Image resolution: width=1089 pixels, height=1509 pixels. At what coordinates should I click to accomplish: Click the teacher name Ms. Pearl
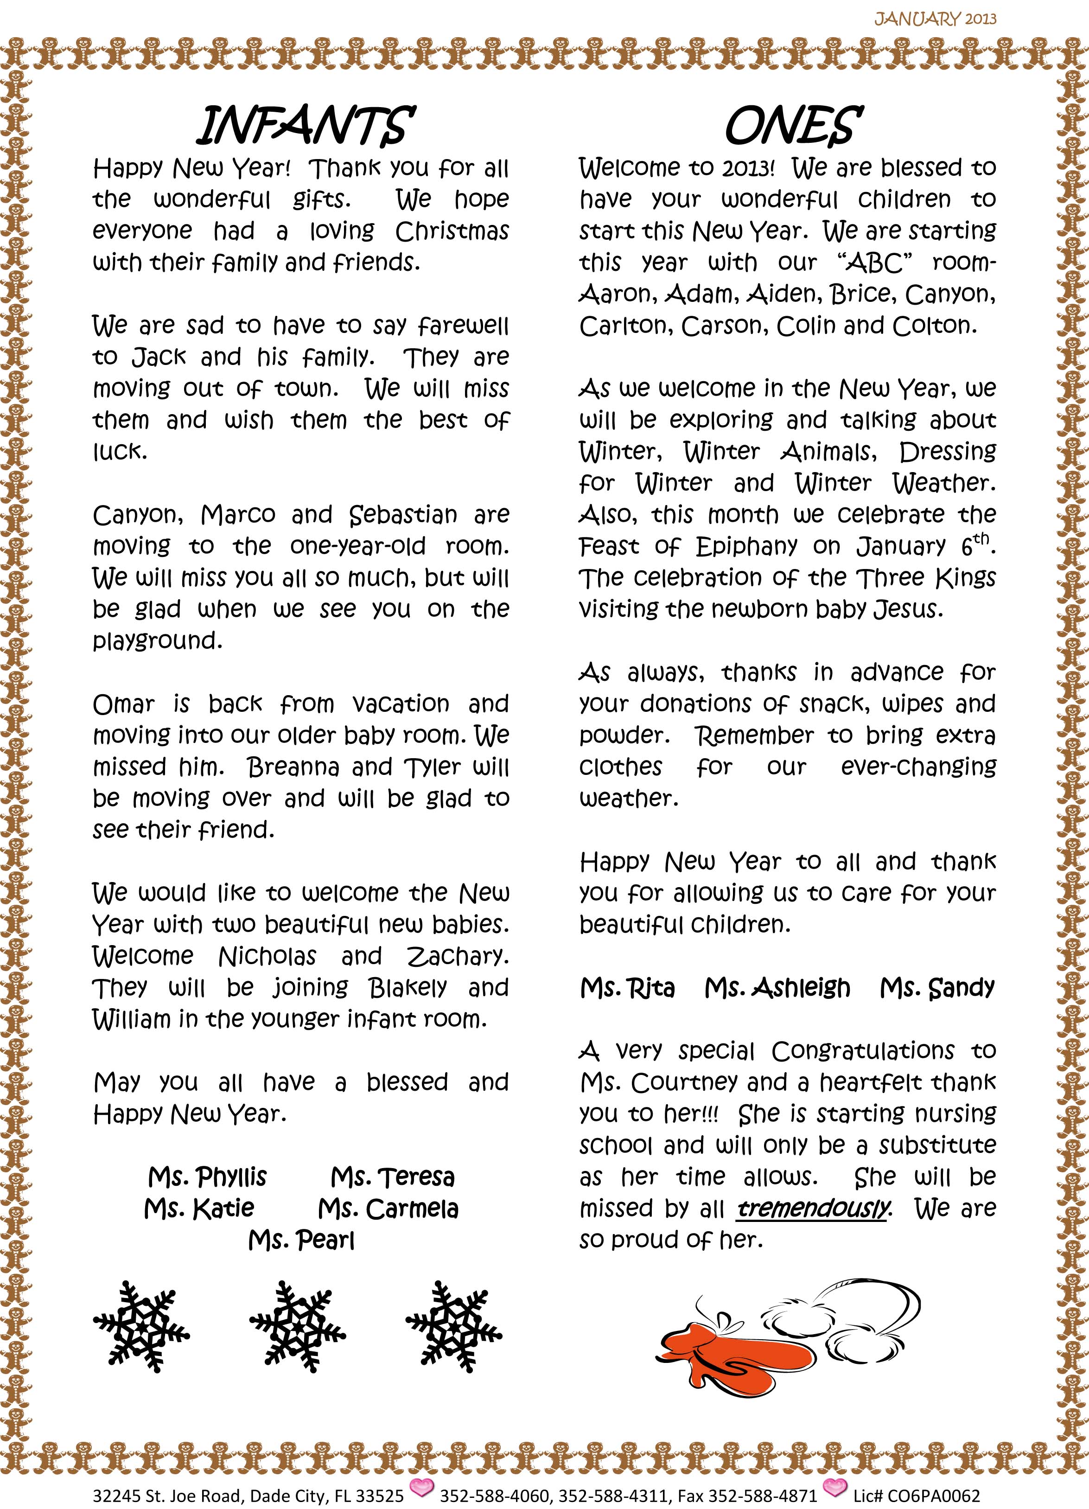tap(301, 1240)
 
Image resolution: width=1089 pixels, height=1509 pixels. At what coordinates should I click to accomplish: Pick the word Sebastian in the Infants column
tap(403, 515)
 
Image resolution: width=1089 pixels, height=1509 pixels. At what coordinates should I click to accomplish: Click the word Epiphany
tap(746, 546)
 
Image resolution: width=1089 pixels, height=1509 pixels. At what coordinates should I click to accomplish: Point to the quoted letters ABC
tap(874, 263)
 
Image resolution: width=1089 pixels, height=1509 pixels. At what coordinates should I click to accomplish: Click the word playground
tap(157, 641)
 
